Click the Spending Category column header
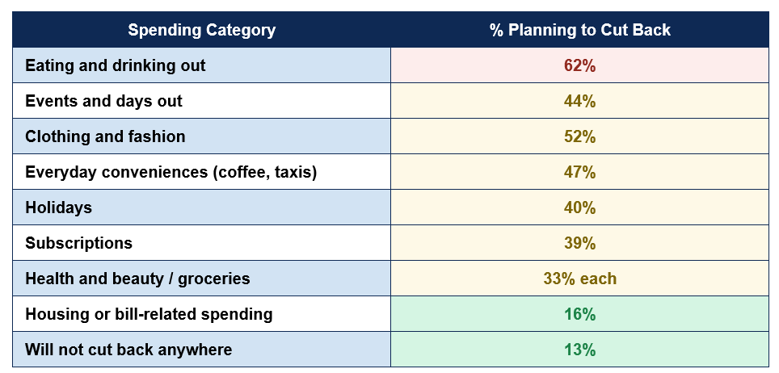(202, 30)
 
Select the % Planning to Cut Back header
(579, 30)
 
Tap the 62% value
(579, 65)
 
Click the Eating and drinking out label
(116, 65)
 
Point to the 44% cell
(579, 101)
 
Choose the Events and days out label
(103, 101)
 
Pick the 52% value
(579, 136)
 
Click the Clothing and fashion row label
(105, 136)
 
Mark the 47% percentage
(579, 172)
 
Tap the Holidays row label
(59, 207)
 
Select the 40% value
(579, 207)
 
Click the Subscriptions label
(79, 243)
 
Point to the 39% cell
(579, 243)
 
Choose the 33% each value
(579, 279)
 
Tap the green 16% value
(579, 314)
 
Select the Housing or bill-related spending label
(149, 314)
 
